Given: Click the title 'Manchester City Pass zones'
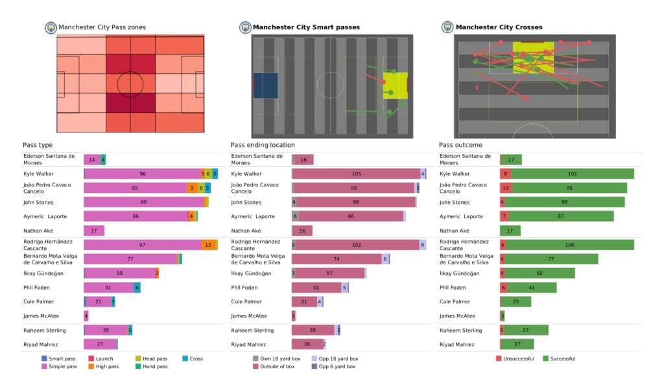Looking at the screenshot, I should [x=102, y=27].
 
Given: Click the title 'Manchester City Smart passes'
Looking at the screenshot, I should [x=305, y=27].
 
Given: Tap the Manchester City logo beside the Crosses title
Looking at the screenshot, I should [x=447, y=27].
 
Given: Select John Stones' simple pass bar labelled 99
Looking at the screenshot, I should [x=143, y=202].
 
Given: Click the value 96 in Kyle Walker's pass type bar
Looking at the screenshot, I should [x=143, y=173].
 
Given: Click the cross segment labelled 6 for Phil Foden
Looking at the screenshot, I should [x=137, y=288].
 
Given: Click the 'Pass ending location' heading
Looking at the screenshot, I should [x=263, y=145].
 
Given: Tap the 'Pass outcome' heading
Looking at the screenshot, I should [x=460, y=145].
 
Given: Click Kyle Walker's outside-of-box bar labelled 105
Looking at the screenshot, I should [x=357, y=173].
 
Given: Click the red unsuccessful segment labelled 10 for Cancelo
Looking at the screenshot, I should [x=506, y=188].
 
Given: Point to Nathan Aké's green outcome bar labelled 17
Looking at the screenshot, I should [x=510, y=231].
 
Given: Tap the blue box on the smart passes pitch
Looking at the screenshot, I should [x=265, y=84].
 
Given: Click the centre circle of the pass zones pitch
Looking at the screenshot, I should [x=130, y=84].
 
